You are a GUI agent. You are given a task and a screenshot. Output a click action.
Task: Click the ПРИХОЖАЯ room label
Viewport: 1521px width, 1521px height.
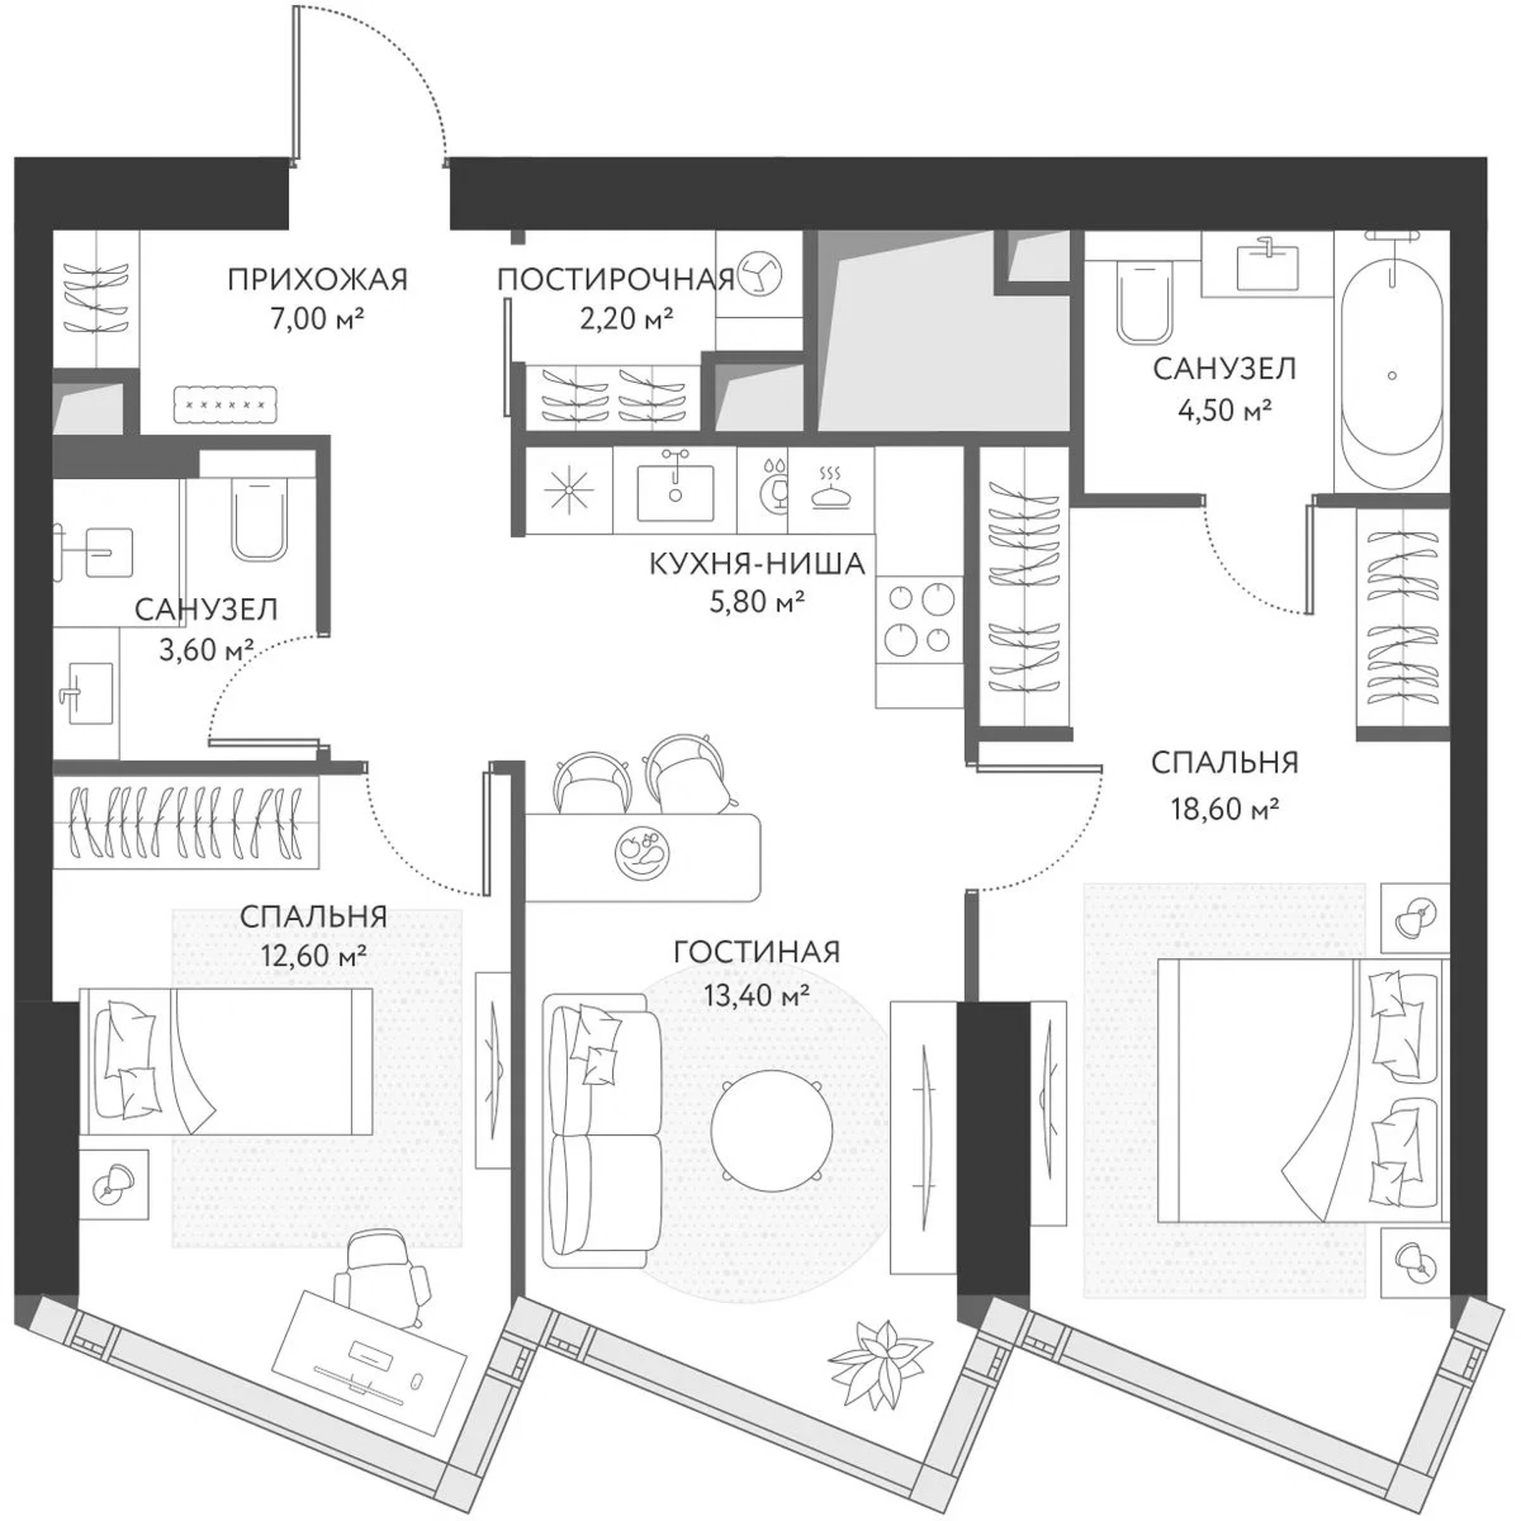(317, 279)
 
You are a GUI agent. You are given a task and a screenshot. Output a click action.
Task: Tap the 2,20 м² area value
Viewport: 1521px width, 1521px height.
(625, 319)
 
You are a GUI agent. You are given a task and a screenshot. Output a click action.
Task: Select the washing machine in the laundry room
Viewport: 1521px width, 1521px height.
(759, 275)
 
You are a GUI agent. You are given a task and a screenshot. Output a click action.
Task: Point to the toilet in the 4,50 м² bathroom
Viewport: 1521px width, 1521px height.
(1144, 302)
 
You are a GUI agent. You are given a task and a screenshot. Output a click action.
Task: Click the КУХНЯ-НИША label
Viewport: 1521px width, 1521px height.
(756, 564)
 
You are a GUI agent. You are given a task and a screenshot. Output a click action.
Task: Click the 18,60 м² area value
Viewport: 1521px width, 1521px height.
(1224, 809)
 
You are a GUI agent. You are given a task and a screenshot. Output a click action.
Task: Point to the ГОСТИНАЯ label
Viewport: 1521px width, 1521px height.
(756, 952)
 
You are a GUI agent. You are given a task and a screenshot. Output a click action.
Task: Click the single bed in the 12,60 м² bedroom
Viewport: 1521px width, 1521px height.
(226, 1061)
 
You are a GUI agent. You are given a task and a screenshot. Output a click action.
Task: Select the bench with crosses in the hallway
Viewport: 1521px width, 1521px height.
(226, 404)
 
